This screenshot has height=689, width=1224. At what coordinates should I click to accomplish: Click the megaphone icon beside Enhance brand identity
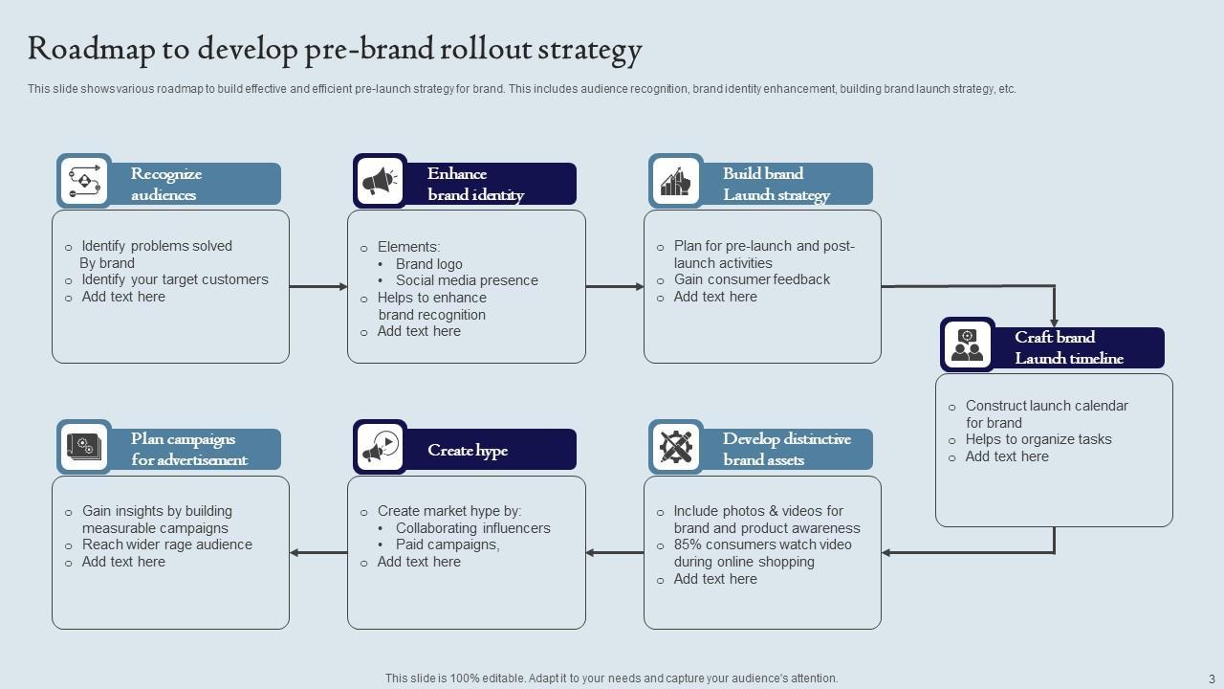pos(380,181)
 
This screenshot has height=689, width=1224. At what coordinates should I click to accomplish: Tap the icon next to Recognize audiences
pos(84,181)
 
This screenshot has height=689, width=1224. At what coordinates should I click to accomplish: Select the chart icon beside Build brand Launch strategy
pos(676,181)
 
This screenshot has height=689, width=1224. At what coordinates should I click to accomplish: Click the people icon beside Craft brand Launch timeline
pos(967,344)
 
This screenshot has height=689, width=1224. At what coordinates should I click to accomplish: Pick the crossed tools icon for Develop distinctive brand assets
pos(676,447)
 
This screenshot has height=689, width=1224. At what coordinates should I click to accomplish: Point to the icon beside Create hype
pos(380,447)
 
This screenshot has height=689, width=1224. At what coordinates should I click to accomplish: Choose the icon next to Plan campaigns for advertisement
pos(84,447)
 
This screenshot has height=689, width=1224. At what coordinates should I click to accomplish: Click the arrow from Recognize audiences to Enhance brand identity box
pos(317,286)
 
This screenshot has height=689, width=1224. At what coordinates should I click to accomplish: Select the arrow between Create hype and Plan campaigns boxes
pos(317,552)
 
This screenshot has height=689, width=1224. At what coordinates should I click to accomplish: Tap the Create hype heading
pos(468,451)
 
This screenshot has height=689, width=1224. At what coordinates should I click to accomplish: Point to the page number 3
pos(1212,678)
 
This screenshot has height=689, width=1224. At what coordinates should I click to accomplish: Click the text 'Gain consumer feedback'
pos(752,279)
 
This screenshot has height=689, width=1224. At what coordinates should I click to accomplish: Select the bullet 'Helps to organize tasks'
pos(1038,439)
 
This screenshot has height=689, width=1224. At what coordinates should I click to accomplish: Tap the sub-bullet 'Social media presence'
pos(467,280)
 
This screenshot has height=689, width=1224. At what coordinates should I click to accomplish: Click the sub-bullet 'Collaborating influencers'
pos(473,528)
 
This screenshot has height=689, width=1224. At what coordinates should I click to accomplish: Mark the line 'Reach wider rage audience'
pos(167,545)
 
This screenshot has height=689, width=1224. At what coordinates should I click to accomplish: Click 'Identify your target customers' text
pos(175,279)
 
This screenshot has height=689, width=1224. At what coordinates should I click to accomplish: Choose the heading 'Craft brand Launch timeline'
pos(1068,347)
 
